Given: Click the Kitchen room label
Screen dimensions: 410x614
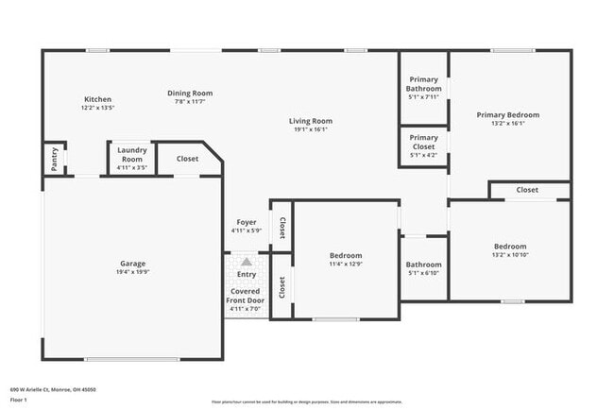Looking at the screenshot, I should coord(98,99).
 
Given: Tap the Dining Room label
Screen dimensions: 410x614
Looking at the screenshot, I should coord(190,93).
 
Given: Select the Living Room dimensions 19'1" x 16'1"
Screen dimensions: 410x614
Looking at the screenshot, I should coord(310,129).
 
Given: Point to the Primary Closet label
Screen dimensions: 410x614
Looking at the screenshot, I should coord(423,142).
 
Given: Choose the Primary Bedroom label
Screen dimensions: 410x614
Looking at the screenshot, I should coord(508,114).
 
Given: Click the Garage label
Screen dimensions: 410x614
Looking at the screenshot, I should coord(132,264).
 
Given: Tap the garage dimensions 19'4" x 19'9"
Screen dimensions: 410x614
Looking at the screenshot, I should coord(132,272).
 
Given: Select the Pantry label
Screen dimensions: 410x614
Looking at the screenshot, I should coord(55,159).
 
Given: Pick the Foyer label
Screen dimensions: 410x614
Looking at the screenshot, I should coord(246,222).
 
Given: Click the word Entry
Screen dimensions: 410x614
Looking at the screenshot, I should coord(246,275).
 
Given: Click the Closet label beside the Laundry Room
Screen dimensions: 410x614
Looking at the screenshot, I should coord(188,159).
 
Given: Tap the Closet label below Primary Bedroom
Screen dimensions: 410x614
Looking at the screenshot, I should coord(527,190).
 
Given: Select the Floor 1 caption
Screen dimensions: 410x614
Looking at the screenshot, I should coord(19,401).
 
